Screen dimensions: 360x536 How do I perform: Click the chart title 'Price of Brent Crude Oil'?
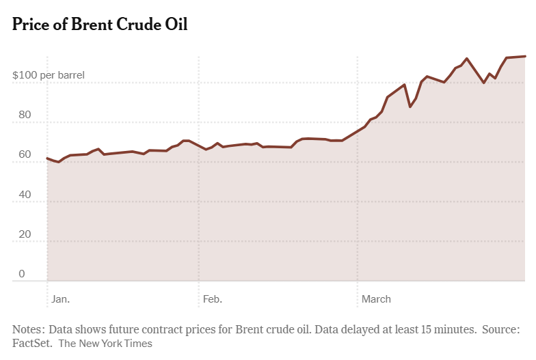[100, 25]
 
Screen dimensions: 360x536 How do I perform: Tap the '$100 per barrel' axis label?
[49, 74]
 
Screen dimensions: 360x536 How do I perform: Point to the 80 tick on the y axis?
[25, 115]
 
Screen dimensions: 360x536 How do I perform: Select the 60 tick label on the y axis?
[25, 154]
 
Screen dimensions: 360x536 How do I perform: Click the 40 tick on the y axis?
[25, 195]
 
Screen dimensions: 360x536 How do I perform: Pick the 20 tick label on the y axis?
[25, 234]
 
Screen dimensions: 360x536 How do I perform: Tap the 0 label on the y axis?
[22, 274]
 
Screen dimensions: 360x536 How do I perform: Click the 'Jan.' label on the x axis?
[61, 299]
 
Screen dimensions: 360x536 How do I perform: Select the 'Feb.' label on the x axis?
[213, 299]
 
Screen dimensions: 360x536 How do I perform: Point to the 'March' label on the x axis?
[376, 299]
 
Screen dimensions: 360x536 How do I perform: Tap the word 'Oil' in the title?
[175, 25]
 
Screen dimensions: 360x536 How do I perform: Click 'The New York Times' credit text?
[105, 344]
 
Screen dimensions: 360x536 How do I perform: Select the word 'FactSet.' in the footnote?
[32, 344]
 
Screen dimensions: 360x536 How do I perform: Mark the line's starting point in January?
[47, 158]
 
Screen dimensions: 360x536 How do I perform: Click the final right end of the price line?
[525, 56]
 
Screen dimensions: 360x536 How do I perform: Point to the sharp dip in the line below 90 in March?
[410, 107]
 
